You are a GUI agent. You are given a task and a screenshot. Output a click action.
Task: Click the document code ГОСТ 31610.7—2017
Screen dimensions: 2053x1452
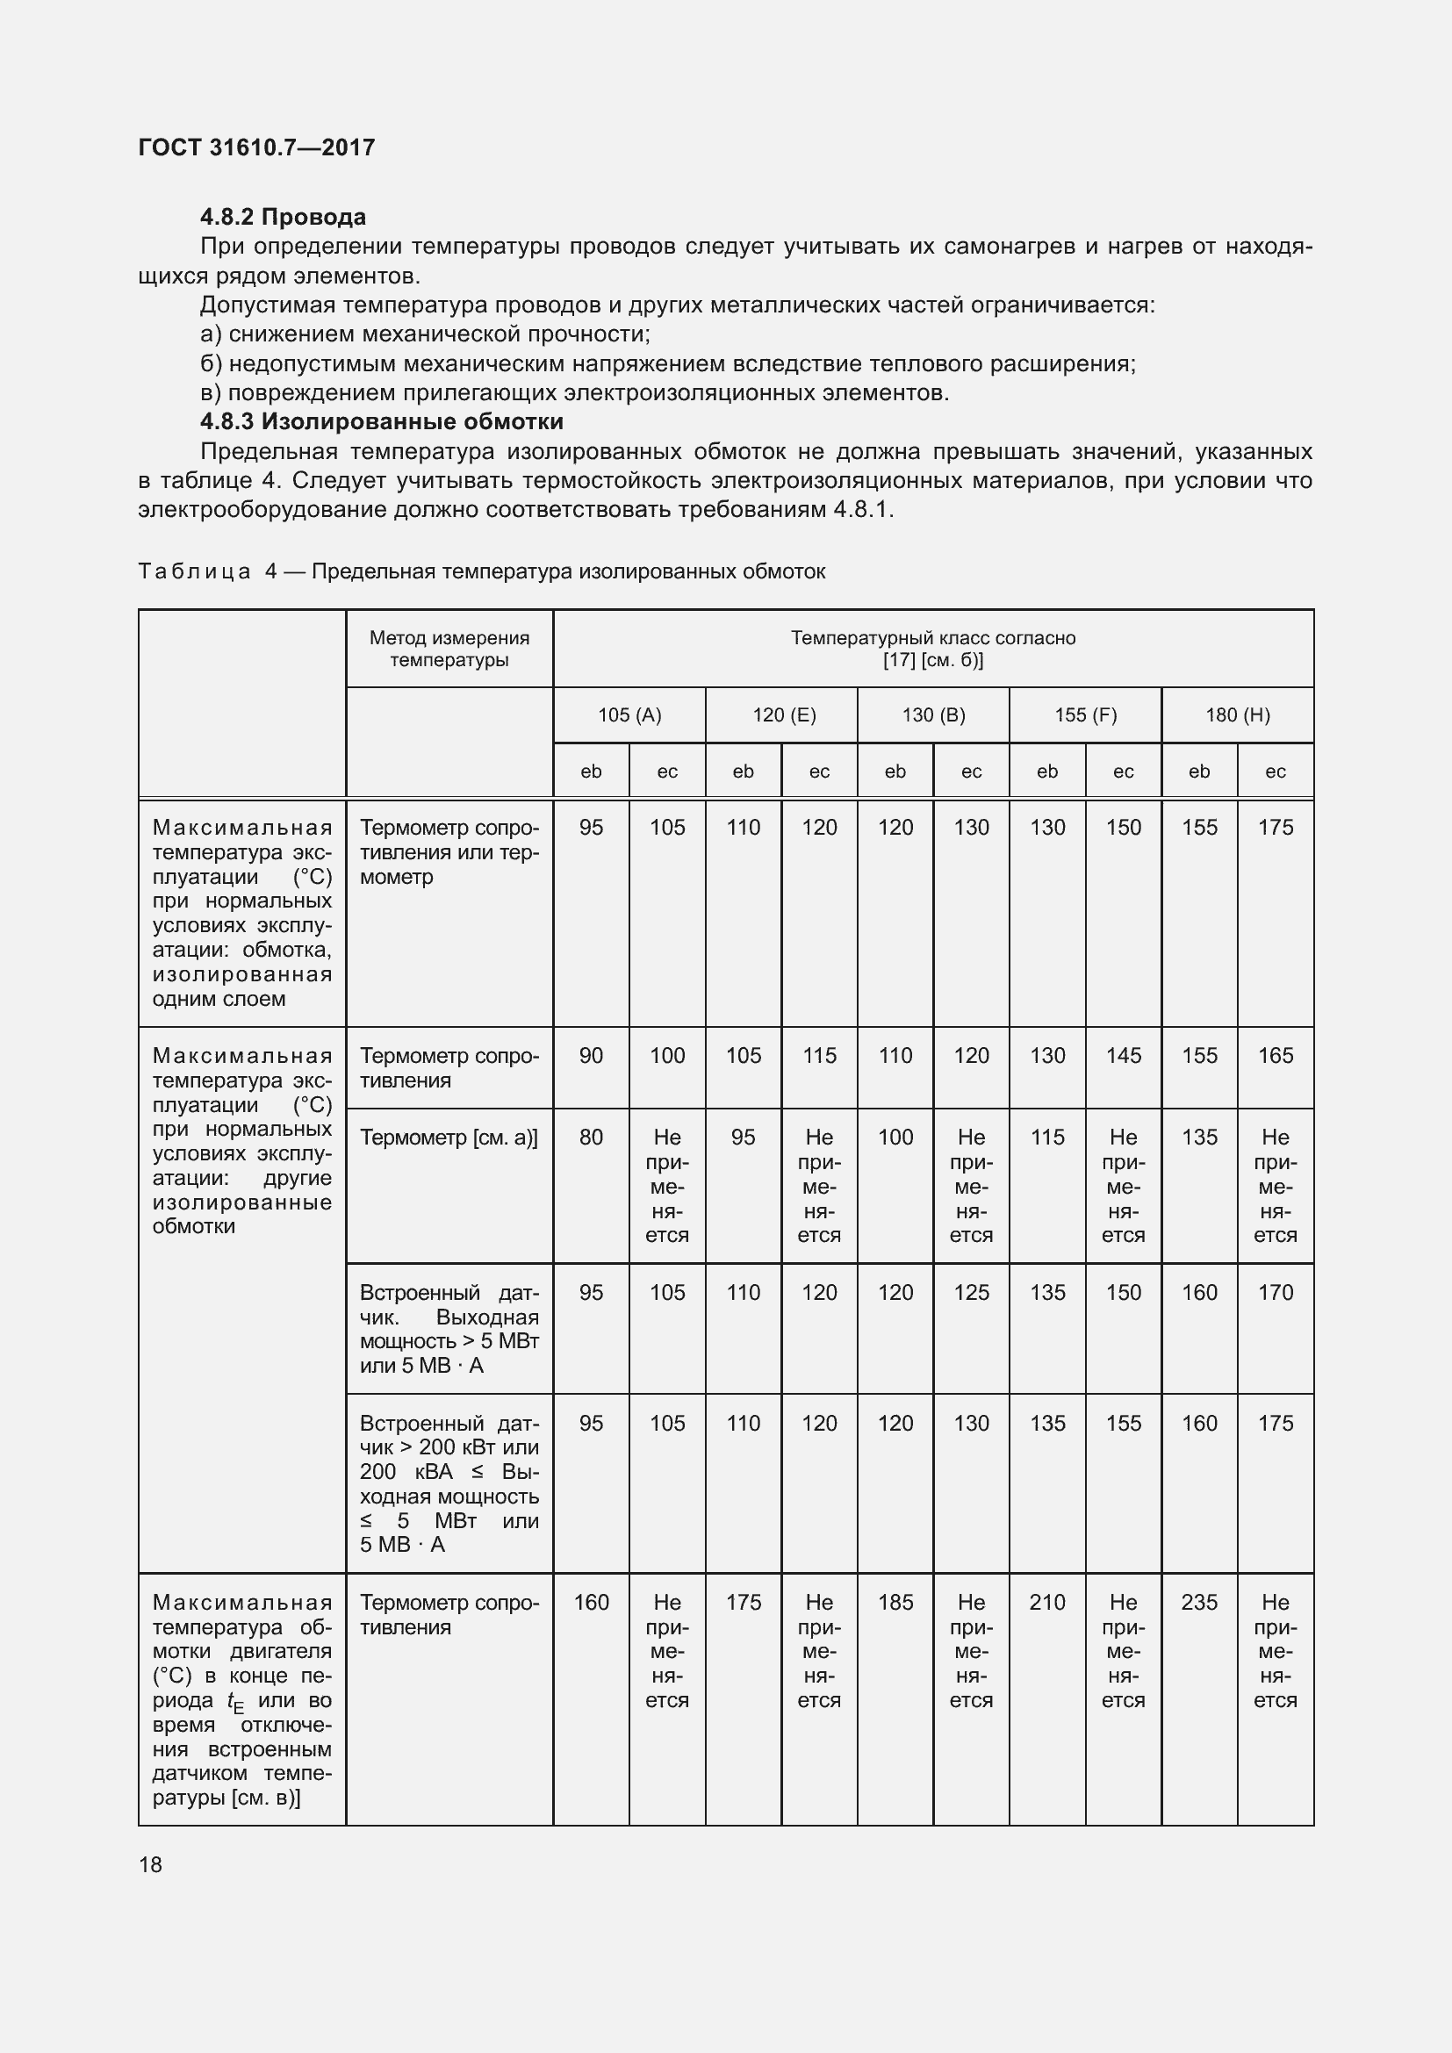tap(256, 147)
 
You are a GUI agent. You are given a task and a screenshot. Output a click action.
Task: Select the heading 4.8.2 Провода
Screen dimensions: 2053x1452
tap(283, 218)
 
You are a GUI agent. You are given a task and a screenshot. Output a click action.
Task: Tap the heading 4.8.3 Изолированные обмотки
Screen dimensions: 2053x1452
tap(381, 421)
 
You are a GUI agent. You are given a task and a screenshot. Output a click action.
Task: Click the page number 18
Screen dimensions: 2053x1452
tap(150, 1864)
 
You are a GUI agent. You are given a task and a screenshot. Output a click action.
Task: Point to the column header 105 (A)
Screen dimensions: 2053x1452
tap(629, 714)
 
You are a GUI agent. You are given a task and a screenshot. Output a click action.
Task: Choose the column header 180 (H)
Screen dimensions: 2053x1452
tap(1238, 714)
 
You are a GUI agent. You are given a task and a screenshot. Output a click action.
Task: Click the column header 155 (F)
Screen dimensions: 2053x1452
tap(1085, 714)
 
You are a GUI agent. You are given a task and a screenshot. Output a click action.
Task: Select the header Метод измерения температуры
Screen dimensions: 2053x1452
tap(449, 649)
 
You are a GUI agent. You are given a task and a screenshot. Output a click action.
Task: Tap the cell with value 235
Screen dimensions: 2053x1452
tap(1199, 1603)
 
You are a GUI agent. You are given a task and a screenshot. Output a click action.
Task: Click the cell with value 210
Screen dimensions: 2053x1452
tap(1047, 1603)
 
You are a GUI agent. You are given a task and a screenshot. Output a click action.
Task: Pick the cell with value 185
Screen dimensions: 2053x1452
tap(895, 1603)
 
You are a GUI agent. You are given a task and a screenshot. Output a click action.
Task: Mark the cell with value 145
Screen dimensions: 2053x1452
tap(1123, 1055)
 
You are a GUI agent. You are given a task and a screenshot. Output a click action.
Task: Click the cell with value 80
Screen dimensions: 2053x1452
tap(591, 1138)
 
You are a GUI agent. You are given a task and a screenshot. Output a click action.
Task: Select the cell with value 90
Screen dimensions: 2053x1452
tap(591, 1055)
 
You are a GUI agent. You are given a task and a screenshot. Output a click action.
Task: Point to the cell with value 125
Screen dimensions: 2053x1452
tap(971, 1292)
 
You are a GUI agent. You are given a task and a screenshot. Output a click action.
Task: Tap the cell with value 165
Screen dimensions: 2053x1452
tap(1275, 1055)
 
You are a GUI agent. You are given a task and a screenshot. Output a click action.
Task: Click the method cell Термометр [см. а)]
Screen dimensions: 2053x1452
tap(449, 1138)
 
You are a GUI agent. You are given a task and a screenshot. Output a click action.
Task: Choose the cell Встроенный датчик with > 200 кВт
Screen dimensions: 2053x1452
tap(449, 1483)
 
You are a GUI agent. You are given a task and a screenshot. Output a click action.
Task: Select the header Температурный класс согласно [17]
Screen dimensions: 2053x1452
tap(932, 649)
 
